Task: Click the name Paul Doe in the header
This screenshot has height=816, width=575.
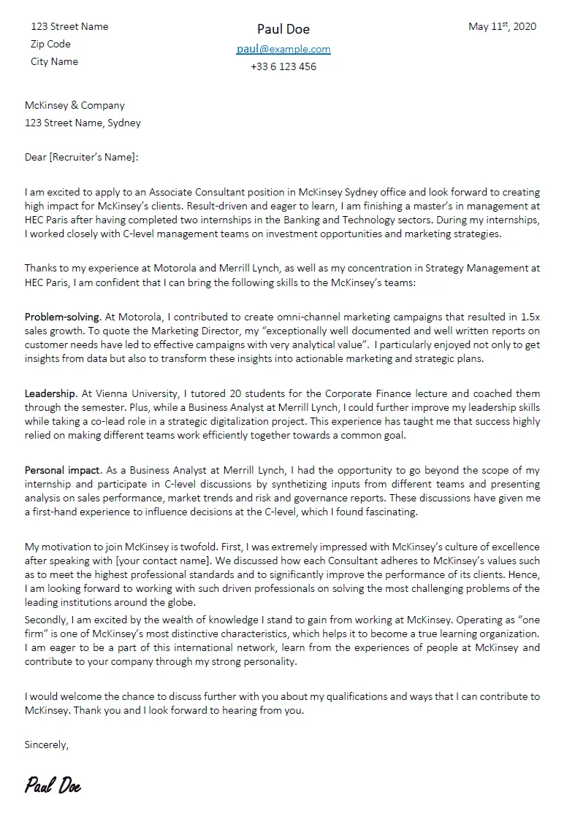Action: (x=283, y=29)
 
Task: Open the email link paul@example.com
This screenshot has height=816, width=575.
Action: (x=283, y=49)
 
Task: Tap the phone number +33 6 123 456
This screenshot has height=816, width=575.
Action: (x=283, y=66)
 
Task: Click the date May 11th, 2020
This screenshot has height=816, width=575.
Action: (x=502, y=26)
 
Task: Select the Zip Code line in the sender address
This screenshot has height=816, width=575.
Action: (x=50, y=44)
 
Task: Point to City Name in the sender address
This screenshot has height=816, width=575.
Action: (x=54, y=61)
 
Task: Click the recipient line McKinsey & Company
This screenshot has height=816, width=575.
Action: (x=75, y=105)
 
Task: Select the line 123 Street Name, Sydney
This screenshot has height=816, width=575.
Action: (x=83, y=123)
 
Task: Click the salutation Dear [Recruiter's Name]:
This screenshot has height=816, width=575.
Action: (x=81, y=156)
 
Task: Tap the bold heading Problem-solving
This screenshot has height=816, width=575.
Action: (x=62, y=317)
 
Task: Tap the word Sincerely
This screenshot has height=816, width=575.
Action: (x=46, y=745)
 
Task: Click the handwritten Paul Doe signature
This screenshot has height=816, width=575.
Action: (x=53, y=786)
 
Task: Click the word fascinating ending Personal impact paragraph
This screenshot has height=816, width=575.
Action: (x=389, y=512)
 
